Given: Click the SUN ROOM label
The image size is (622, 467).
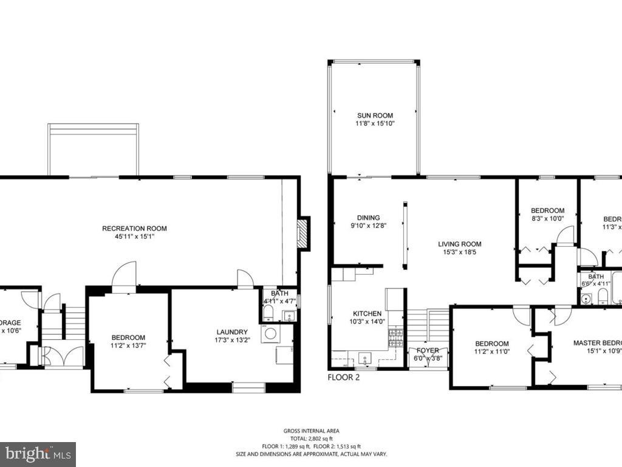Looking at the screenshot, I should coord(375,116).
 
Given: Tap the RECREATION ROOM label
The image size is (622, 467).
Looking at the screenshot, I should coord(134,229).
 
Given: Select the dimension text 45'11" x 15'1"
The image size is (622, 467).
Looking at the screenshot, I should coord(134,237).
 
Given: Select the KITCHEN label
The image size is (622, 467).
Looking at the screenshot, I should coord(367,314).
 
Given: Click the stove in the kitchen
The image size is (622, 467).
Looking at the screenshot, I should coord(396,337).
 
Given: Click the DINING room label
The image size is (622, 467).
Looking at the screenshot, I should coord(368,218).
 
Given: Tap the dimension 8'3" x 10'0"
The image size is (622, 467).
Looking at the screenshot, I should coord(547,219).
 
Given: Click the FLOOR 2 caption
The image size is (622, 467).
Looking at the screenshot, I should coord(344,377).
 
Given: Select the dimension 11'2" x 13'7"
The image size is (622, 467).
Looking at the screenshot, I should coord(128,345).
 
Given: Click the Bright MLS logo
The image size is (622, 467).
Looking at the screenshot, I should coord(38,454).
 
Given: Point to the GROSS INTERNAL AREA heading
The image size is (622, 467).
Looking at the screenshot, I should coord(311,431).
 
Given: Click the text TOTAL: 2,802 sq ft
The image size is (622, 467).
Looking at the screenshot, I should coord(311,438).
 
